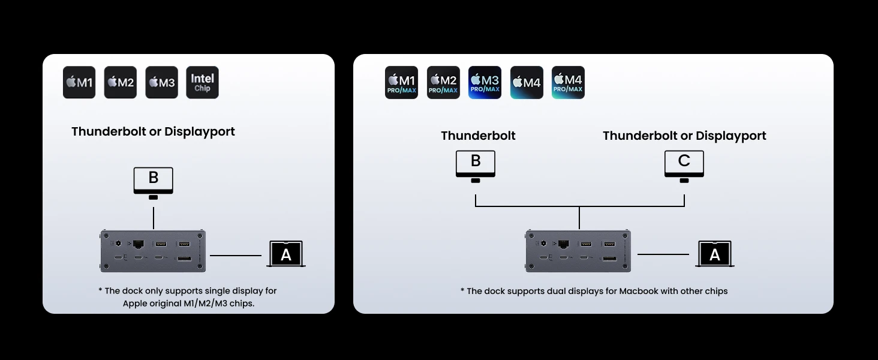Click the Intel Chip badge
(202, 82)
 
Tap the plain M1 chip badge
(79, 82)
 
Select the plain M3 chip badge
(161, 82)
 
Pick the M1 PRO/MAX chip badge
(401, 82)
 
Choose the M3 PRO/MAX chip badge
(485, 82)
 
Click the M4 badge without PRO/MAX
(527, 82)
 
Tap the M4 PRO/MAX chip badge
(568, 82)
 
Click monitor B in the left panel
(154, 183)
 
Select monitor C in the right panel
(684, 166)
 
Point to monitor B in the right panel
(476, 166)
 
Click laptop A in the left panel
(286, 254)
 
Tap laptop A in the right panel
(714, 254)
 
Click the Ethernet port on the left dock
(139, 244)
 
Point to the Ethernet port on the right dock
(563, 244)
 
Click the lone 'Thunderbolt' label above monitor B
(478, 136)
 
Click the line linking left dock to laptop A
(236, 255)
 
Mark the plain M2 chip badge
(121, 82)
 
